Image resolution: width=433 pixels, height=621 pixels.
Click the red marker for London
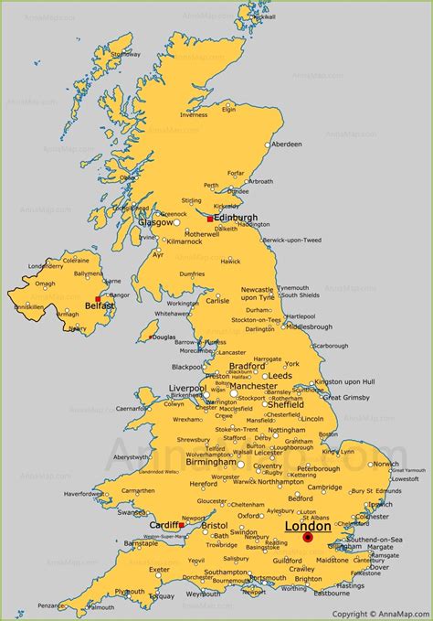coord(308,538)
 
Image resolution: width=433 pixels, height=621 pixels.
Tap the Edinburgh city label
coord(236,218)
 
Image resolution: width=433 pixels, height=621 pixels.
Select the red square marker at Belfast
coord(98,299)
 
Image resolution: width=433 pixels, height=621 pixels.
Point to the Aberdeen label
coord(287,145)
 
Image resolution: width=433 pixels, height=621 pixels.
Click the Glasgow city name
coord(155,222)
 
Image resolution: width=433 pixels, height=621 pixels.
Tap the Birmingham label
coord(211,462)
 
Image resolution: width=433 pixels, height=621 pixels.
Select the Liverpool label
coord(188,388)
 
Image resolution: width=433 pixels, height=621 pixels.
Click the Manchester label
coord(253,386)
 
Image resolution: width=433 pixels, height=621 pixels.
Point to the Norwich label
coord(385,463)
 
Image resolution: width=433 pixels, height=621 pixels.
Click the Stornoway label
coord(125,54)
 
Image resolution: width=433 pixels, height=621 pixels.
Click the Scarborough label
coord(330,347)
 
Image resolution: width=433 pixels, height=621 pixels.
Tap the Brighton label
coord(309,578)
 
